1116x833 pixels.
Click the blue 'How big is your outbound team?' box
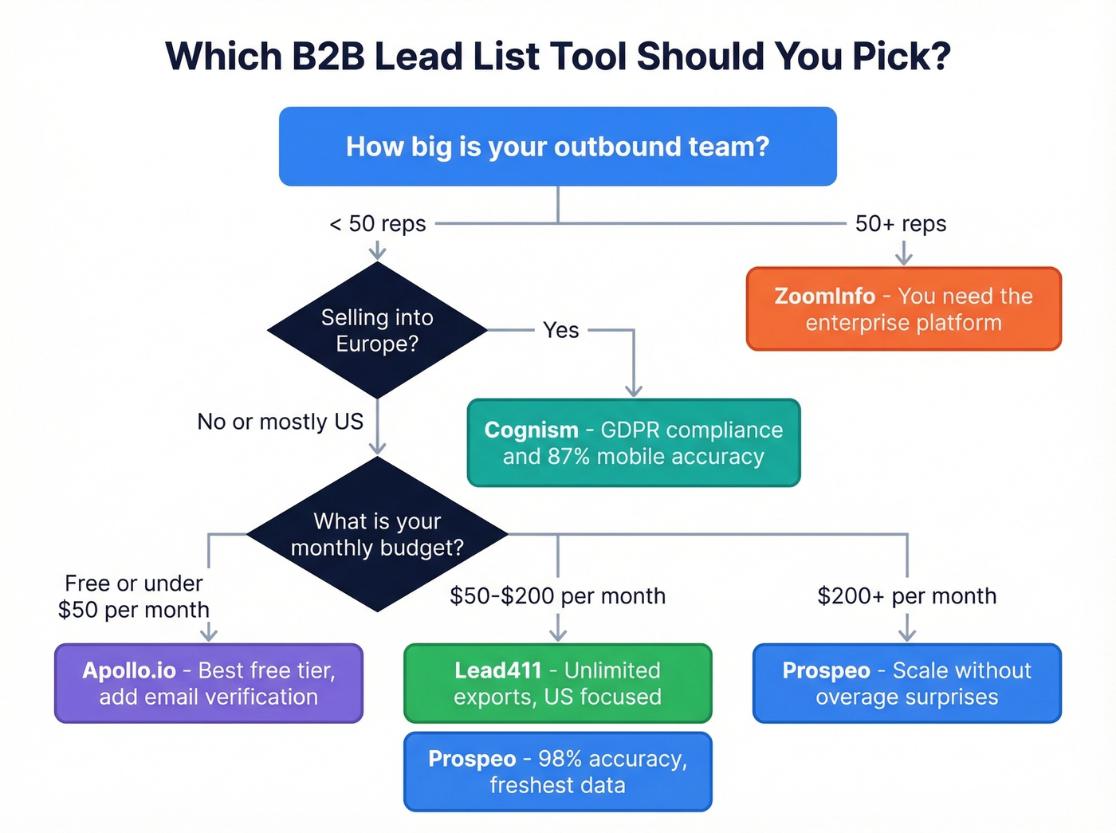click(557, 147)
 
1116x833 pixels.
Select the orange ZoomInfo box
click(903, 309)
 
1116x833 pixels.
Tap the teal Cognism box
click(634, 443)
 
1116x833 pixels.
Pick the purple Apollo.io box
click(209, 683)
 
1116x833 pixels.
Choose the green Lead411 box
click(557, 683)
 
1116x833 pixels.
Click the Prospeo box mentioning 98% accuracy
click(557, 772)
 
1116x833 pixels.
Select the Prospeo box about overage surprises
click(906, 683)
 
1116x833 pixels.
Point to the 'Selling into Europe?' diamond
click(377, 330)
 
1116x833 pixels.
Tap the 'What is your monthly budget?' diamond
click(377, 534)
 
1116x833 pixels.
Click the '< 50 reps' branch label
click(378, 224)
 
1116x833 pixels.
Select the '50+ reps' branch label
click(901, 224)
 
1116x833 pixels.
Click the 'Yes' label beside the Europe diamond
click(560, 330)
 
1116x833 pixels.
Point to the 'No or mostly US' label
click(280, 422)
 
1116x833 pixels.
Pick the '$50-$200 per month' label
click(557, 596)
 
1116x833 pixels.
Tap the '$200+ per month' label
click(906, 596)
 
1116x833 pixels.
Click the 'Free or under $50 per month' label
click(134, 596)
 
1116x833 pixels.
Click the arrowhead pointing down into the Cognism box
click(634, 390)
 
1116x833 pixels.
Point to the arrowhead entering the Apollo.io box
click(209, 634)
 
